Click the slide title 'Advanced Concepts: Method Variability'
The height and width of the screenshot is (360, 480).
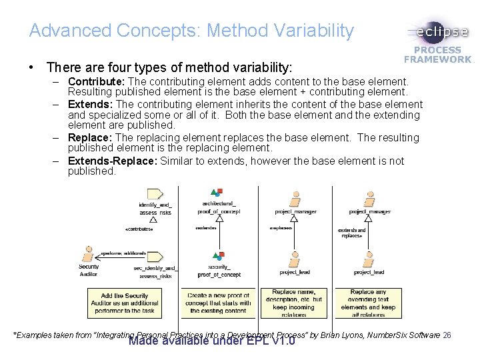[x=191, y=30]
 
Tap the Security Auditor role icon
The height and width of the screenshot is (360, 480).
[x=88, y=255]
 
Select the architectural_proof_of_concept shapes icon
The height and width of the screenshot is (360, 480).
[x=217, y=193]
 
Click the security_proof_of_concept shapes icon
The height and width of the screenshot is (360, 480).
[x=217, y=256]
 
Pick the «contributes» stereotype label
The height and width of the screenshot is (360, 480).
[x=139, y=229]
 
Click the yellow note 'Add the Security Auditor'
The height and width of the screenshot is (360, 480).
[x=126, y=303]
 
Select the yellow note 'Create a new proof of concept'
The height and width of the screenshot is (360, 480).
[x=218, y=303]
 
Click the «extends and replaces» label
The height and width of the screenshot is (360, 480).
[x=352, y=233]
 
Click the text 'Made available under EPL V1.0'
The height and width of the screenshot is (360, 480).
[x=211, y=342]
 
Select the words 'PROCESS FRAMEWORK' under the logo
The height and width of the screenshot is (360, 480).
[x=438, y=55]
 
